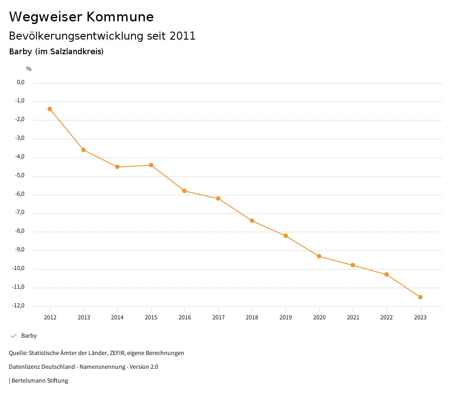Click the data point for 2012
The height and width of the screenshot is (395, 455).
click(50, 109)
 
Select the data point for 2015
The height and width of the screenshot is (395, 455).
click(151, 165)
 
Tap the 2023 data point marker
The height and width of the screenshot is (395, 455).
click(420, 297)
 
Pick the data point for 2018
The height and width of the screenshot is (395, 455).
click(252, 221)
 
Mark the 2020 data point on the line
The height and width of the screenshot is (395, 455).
click(319, 256)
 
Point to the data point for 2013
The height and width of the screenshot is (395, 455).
click(84, 150)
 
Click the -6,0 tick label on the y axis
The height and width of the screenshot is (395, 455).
click(20, 194)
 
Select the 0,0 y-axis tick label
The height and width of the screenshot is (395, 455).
click(21, 82)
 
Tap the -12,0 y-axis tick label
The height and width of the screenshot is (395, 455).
click(19, 306)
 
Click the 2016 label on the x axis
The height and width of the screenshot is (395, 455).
click(185, 317)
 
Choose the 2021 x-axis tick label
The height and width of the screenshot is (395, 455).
click(353, 317)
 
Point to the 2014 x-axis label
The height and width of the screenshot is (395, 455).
click(117, 317)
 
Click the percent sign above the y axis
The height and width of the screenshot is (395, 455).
click(29, 69)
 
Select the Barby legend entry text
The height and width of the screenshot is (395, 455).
click(29, 336)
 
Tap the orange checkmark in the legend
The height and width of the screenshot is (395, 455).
click(13, 336)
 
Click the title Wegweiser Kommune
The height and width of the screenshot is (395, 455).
click(81, 17)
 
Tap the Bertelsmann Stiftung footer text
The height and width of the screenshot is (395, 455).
click(40, 381)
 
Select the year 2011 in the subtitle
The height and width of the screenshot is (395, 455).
click(183, 36)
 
